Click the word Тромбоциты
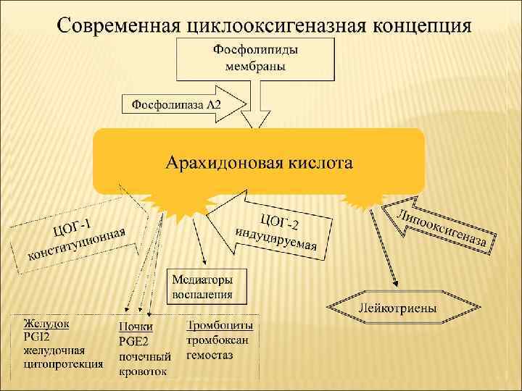[220, 327]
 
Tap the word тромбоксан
[218, 341]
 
